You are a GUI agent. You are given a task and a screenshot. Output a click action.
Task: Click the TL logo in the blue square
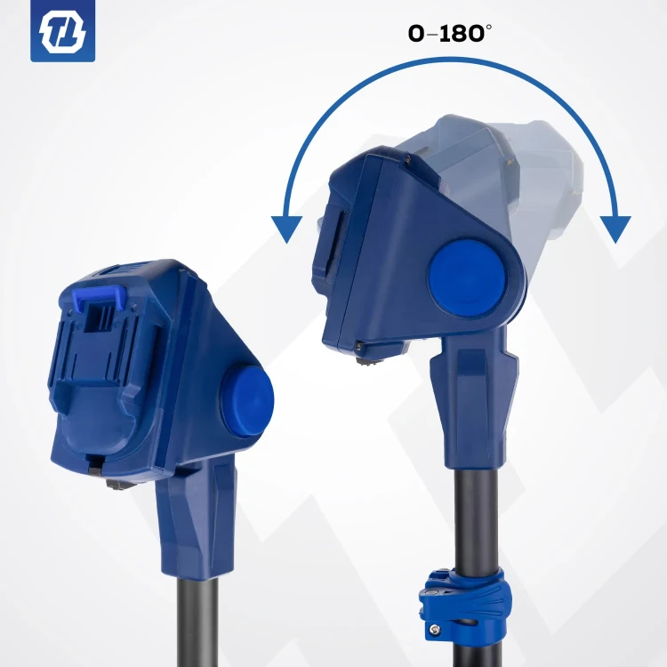point(62,32)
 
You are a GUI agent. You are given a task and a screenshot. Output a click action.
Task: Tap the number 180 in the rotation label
point(461,34)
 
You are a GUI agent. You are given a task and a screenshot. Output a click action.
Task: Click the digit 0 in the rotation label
point(416,34)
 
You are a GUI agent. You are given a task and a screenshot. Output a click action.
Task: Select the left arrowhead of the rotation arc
point(286,229)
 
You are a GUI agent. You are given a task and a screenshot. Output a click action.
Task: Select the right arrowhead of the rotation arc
point(615,229)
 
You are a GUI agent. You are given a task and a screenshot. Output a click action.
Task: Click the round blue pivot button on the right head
point(467,278)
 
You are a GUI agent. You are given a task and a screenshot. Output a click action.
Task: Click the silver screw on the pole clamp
point(433,629)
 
